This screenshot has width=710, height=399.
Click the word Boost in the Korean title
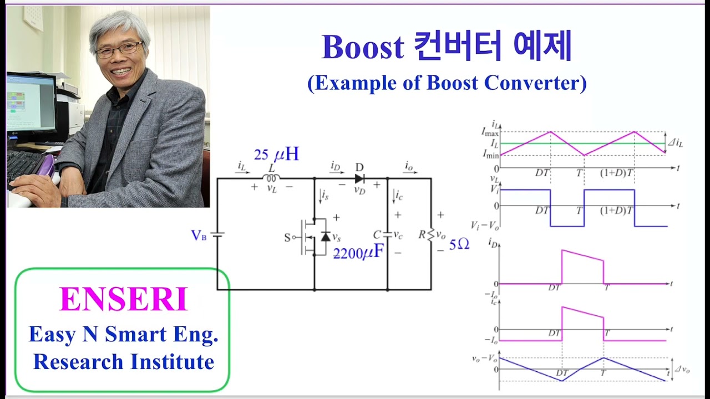pyautogui.click(x=363, y=48)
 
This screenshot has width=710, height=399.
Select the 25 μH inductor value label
pyautogui.click(x=276, y=155)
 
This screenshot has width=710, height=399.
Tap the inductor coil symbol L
pyautogui.click(x=271, y=178)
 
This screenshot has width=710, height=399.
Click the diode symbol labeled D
pyautogui.click(x=359, y=178)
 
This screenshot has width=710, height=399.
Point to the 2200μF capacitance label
pyautogui.click(x=358, y=253)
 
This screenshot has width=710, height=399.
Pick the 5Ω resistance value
pyautogui.click(x=459, y=244)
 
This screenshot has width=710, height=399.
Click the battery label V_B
pyautogui.click(x=199, y=236)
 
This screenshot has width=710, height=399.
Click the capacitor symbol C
pyautogui.click(x=387, y=235)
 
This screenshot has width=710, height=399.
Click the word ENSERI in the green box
pyautogui.click(x=123, y=300)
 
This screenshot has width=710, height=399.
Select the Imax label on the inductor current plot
pyautogui.click(x=490, y=132)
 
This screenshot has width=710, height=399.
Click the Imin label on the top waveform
pyautogui.click(x=490, y=155)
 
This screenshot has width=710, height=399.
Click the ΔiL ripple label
pyautogui.click(x=675, y=143)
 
